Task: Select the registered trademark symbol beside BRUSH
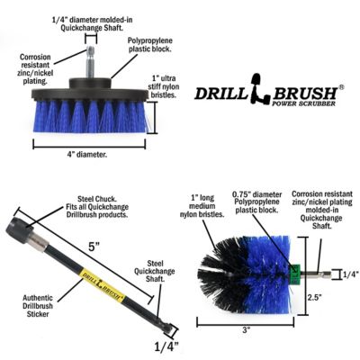point(340,87)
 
